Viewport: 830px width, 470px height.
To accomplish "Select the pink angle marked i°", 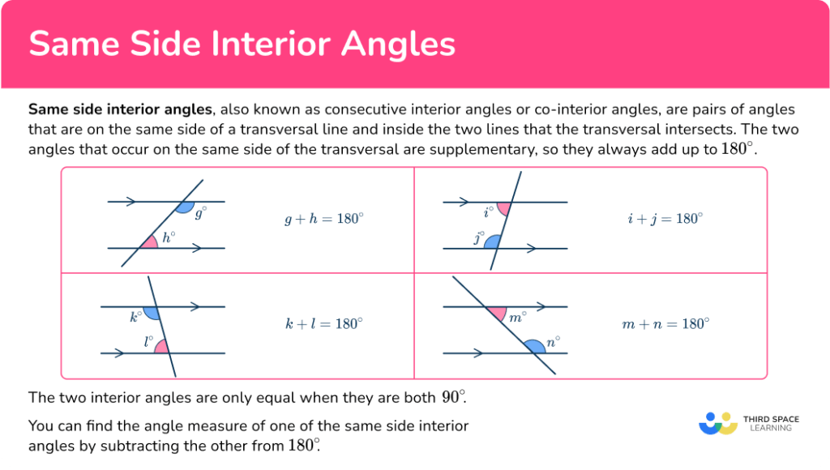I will click(503, 208).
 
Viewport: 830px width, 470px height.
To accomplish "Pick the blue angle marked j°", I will click(491, 241).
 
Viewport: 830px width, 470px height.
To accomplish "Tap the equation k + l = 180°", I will click(323, 323).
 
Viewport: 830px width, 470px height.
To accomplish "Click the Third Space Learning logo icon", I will click(718, 423).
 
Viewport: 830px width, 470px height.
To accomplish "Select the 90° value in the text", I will click(454, 397).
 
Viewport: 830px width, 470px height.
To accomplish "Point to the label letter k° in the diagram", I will click(135, 317).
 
